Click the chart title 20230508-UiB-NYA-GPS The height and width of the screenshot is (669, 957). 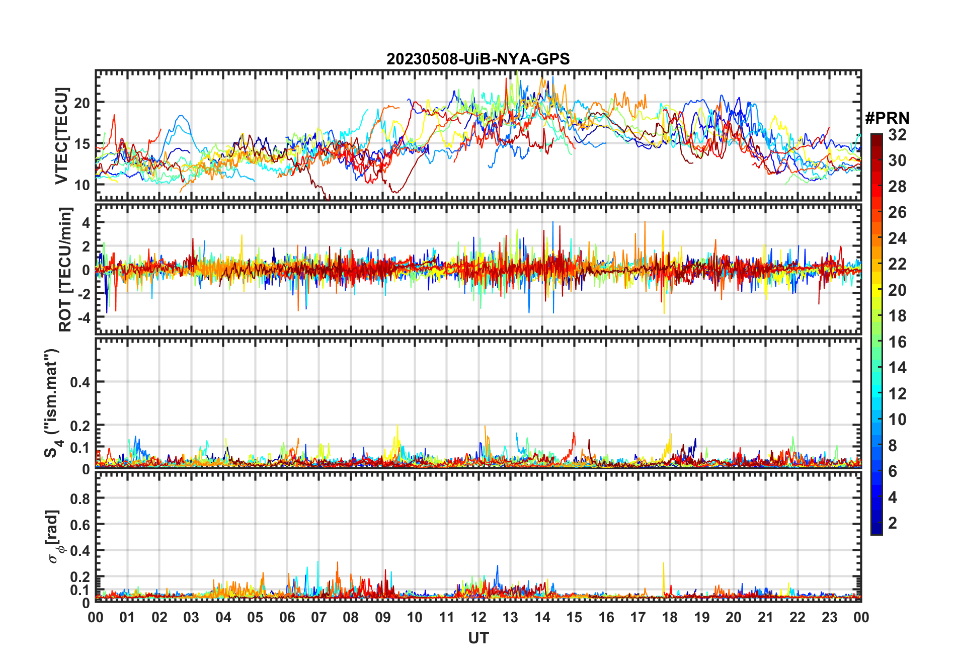tap(478, 59)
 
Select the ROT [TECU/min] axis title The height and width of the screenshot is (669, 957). tap(65, 269)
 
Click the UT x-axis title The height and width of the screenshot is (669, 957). tap(478, 638)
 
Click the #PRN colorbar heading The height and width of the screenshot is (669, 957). tap(887, 118)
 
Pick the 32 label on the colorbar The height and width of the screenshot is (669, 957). tap(897, 135)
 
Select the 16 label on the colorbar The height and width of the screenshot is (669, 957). tap(897, 342)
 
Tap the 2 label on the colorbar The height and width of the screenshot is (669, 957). tap(893, 523)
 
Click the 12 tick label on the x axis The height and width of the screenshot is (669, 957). tap(478, 618)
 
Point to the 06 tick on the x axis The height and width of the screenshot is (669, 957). tap(287, 618)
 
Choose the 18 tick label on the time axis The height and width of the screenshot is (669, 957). tap(670, 618)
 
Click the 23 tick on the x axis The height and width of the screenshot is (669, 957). tap(829, 618)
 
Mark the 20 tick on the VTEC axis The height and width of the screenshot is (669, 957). tap(82, 103)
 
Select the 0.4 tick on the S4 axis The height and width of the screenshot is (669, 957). tap(80, 382)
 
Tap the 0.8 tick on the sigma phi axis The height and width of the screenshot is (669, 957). tap(80, 499)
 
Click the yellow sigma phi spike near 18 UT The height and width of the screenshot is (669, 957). tap(664, 566)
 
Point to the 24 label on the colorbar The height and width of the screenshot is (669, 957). tap(897, 238)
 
